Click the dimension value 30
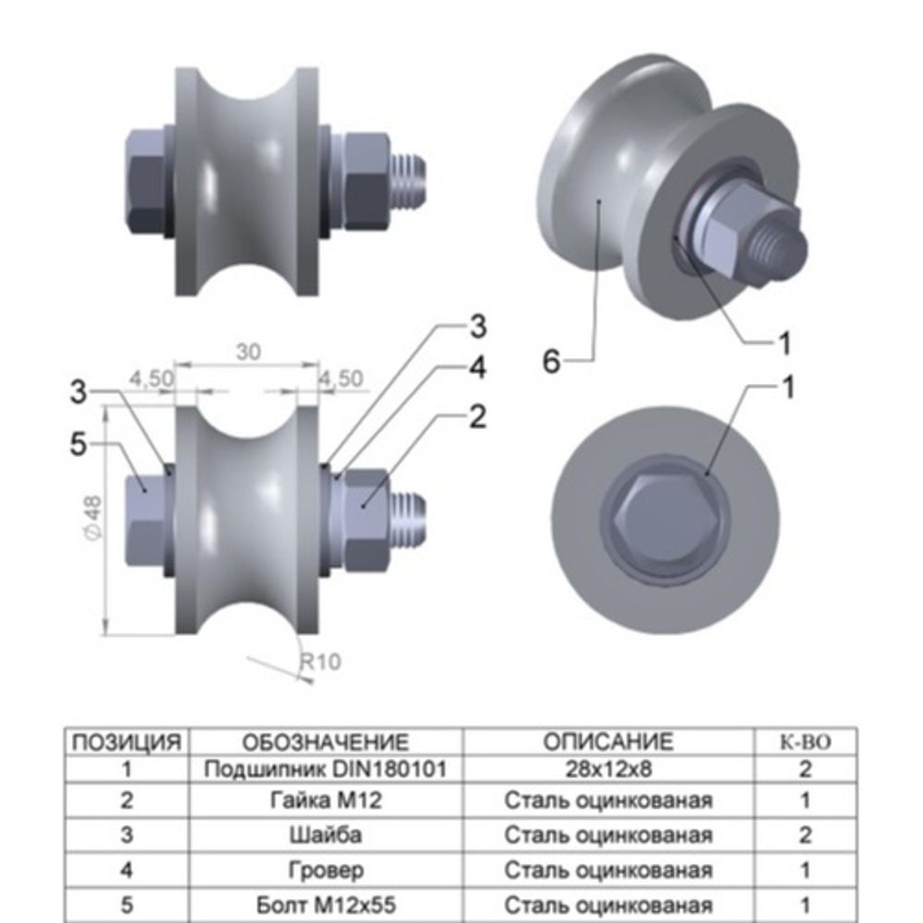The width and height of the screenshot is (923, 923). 248,352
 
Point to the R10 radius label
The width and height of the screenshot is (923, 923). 320,661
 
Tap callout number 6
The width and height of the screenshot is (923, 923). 551,362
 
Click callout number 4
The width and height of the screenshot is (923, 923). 476,367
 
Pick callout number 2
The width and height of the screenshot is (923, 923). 476,416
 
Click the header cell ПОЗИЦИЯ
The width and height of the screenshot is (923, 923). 126,742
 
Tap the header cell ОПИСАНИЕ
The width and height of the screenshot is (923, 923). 608,742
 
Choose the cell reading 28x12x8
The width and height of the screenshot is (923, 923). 608,768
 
